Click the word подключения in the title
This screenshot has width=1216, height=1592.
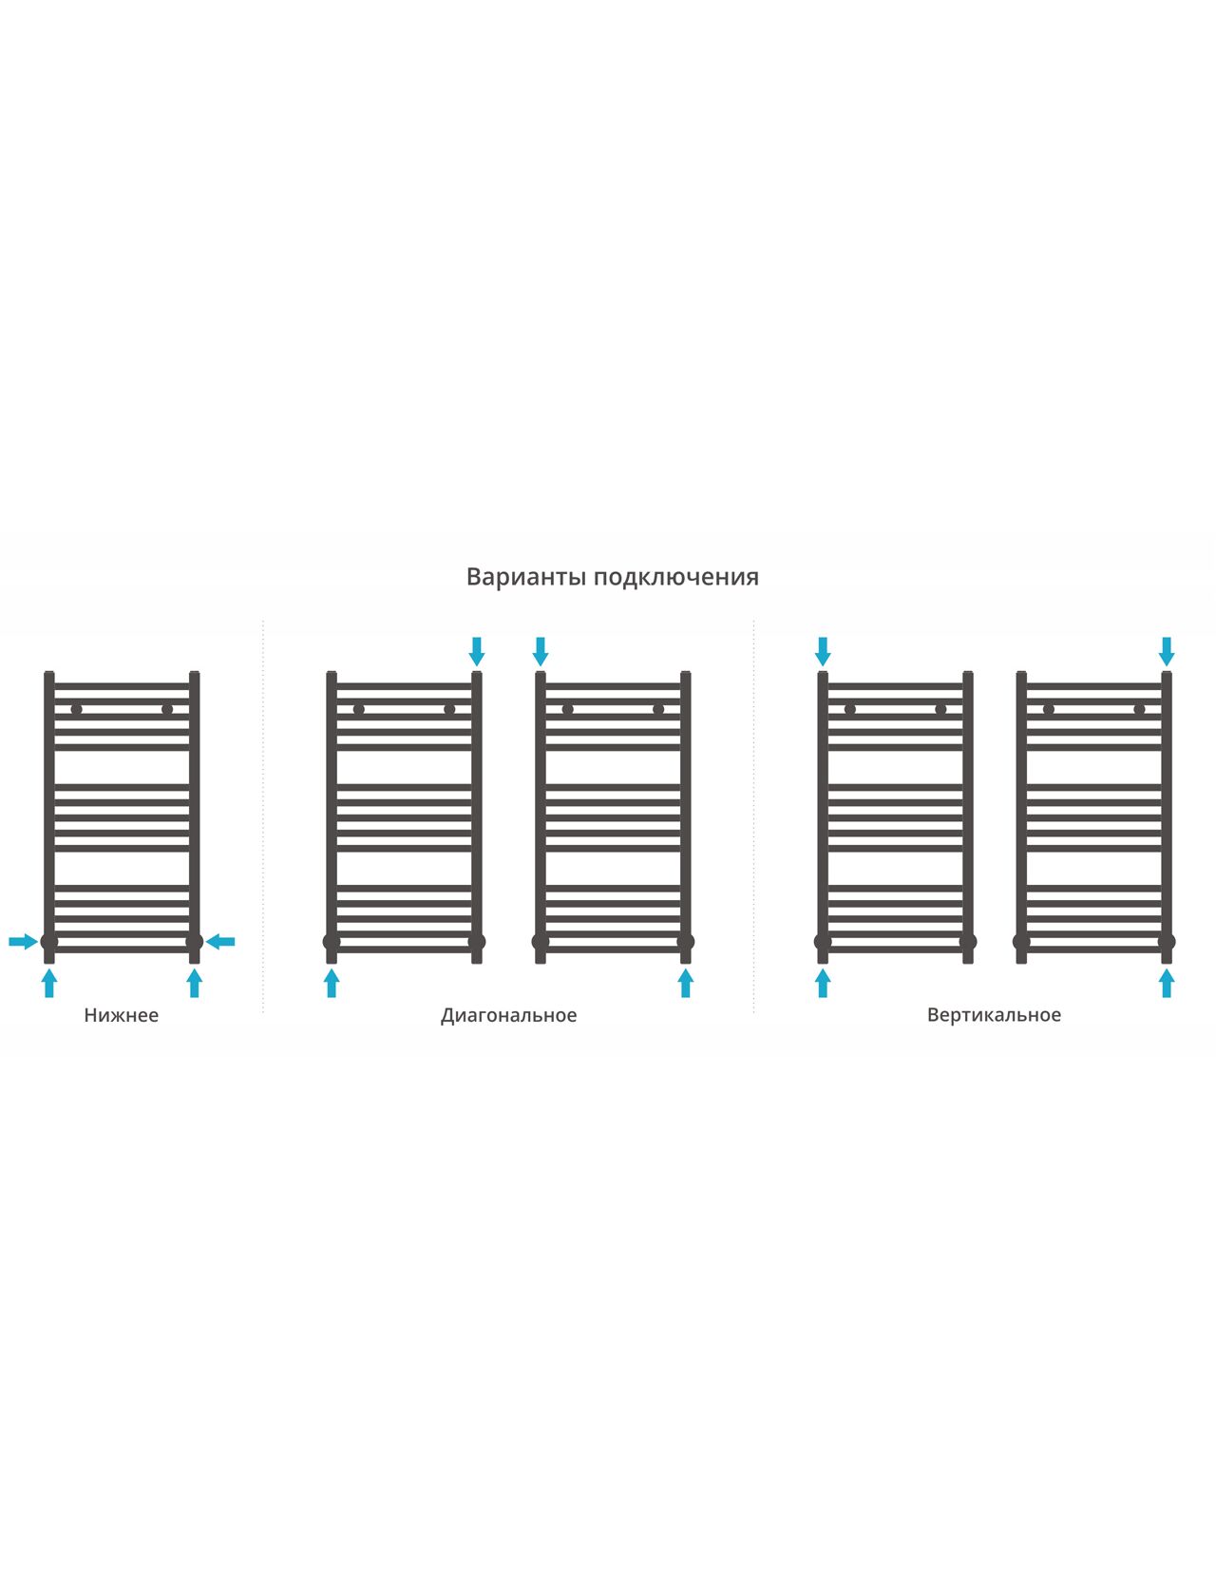tap(676, 578)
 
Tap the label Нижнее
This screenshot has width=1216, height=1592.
tap(121, 1015)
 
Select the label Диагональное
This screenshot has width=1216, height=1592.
tap(508, 1015)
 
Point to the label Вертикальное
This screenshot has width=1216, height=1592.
tap(994, 1015)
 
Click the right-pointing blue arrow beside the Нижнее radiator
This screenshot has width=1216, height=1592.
tap(23, 942)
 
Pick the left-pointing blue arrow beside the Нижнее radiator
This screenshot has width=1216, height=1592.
tap(220, 942)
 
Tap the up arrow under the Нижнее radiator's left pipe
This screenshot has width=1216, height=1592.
tap(49, 984)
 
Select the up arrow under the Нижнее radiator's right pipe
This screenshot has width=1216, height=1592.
tap(194, 984)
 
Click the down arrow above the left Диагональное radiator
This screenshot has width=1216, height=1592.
tap(477, 651)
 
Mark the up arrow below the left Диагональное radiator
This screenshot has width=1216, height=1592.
tap(332, 984)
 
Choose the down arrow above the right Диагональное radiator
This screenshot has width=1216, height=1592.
tap(541, 651)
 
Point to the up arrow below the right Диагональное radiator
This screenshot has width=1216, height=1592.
tap(686, 984)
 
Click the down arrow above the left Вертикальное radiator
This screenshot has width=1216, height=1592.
tap(823, 651)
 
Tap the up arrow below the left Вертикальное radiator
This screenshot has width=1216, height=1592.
tap(823, 984)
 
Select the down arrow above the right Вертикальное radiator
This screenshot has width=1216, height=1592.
tap(1167, 651)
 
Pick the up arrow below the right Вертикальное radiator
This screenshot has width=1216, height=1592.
tap(1167, 984)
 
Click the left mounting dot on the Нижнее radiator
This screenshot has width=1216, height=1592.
tap(76, 709)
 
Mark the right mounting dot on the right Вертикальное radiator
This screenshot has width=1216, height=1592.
tap(1139, 709)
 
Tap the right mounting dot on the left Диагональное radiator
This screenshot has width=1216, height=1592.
tap(449, 709)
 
